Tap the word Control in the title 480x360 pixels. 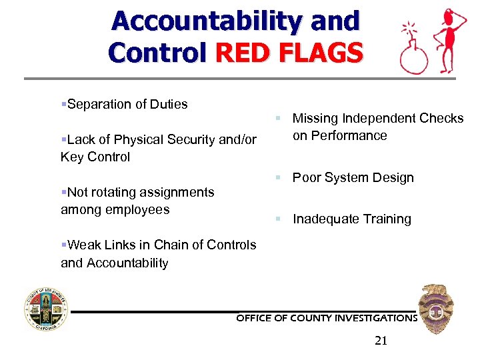pyautogui.click(x=157, y=52)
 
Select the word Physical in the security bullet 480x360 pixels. pyautogui.click(x=137, y=139)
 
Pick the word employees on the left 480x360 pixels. pyautogui.click(x=136, y=209)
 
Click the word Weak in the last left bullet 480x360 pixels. pyautogui.click(x=83, y=245)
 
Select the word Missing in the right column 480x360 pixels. pyautogui.click(x=315, y=118)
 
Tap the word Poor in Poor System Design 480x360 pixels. pyautogui.click(x=306, y=177)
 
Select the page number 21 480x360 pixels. pyautogui.click(x=381, y=341)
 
